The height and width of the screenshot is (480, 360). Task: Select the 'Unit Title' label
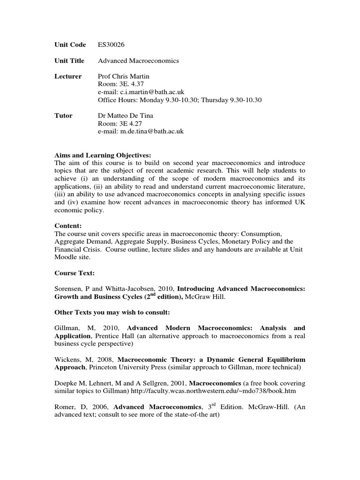tap(69, 61)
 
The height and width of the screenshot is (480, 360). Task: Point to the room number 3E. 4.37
tap(126, 84)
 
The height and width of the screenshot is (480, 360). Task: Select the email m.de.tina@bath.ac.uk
tap(141, 132)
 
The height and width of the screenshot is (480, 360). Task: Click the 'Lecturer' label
tap(68, 77)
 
